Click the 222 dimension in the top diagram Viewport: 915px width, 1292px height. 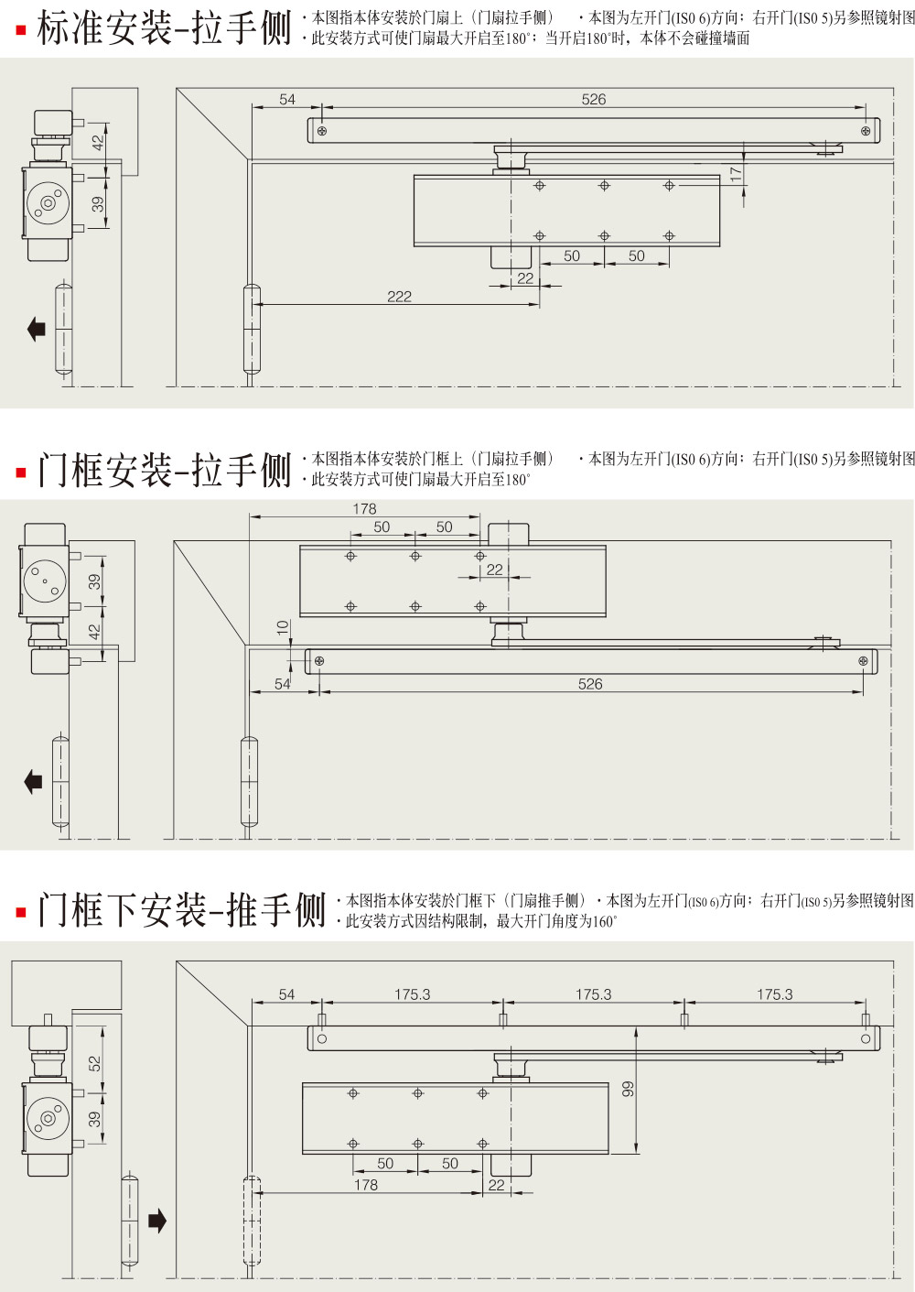tap(399, 297)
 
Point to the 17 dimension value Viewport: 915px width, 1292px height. tap(736, 174)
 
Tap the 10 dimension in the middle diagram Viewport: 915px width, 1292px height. tap(282, 628)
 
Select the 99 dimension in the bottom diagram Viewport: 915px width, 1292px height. tap(628, 1089)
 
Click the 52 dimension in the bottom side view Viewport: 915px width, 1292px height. tap(94, 1063)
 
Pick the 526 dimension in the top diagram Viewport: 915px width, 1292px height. tap(593, 100)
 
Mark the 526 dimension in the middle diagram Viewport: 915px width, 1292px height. tap(590, 684)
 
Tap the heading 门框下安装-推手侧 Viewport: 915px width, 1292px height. tap(181, 910)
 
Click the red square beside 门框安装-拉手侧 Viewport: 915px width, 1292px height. tap(21, 472)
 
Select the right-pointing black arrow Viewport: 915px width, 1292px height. tap(157, 1220)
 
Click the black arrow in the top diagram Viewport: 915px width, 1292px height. tap(37, 329)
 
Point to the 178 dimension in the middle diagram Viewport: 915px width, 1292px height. tap(364, 509)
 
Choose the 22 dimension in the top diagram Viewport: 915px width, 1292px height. tap(525, 278)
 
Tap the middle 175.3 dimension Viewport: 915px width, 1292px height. tap(593, 994)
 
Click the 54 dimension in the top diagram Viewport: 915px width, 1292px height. tap(287, 100)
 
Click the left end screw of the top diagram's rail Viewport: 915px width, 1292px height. tap(321, 131)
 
